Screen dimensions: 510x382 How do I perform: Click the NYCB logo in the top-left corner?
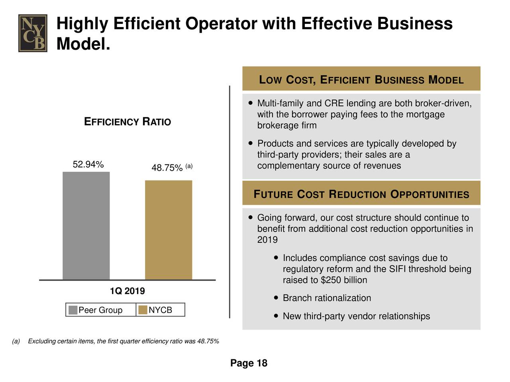coord(33,33)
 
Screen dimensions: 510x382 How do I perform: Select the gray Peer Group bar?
coord(86,226)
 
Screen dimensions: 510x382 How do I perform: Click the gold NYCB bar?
coord(169,230)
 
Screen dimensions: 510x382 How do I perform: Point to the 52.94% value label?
coord(88,164)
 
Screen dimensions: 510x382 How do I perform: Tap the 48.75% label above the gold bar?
coord(167,168)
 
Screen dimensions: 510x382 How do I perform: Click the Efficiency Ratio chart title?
coord(127,121)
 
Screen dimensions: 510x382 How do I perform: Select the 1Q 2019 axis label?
coord(127,290)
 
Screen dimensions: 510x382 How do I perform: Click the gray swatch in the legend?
coord(73,310)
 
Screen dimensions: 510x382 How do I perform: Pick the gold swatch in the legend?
coord(143,310)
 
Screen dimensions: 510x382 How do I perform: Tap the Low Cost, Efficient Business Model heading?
coord(361,80)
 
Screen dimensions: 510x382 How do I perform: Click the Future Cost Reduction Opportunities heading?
coord(361,194)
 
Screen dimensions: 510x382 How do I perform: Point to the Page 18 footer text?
coord(249,363)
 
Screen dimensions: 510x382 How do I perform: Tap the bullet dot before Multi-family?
coord(250,103)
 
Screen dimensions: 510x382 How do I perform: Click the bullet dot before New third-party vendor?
coord(276,316)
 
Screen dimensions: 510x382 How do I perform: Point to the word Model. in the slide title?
coord(83,44)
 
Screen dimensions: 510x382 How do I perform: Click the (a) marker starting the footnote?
coord(16,341)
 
